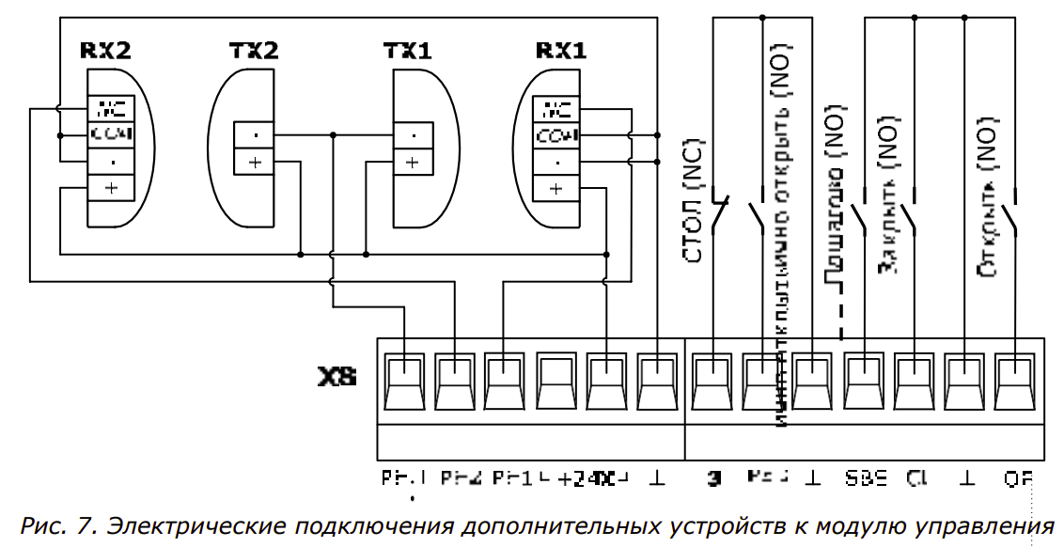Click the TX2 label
pyautogui.click(x=254, y=51)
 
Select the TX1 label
pyautogui.click(x=407, y=51)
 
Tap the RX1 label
pyautogui.click(x=560, y=51)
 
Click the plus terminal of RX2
pyautogui.click(x=112, y=187)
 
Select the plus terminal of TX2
pyautogui.click(x=255, y=162)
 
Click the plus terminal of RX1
pyautogui.click(x=556, y=187)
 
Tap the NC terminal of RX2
pyautogui.click(x=112, y=108)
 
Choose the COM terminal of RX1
pyautogui.click(x=556, y=135)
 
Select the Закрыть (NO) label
pyautogui.click(x=888, y=197)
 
